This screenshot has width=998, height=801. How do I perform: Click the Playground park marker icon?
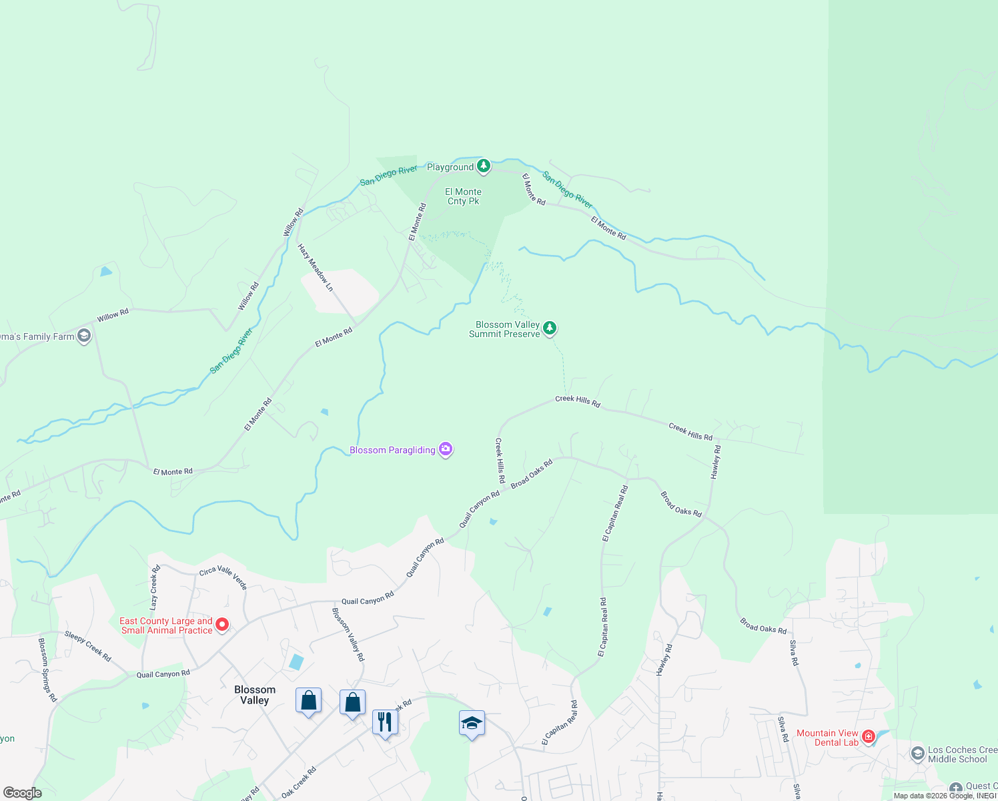pyautogui.click(x=484, y=166)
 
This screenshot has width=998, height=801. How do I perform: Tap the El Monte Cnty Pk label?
pyautogui.click(x=464, y=196)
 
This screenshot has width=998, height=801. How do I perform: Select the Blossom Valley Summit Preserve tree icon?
pyautogui.click(x=550, y=328)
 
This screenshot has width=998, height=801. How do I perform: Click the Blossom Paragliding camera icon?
pyautogui.click(x=446, y=449)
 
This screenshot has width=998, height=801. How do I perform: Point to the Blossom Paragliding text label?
pyautogui.click(x=392, y=450)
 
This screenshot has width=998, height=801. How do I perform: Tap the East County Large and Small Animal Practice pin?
pyautogui.click(x=223, y=625)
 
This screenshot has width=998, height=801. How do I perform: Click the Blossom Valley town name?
pyautogui.click(x=255, y=695)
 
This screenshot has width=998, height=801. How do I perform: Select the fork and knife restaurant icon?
pyautogui.click(x=385, y=722)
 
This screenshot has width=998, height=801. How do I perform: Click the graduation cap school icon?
pyautogui.click(x=472, y=724)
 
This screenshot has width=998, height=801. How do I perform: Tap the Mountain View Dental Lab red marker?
pyautogui.click(x=869, y=737)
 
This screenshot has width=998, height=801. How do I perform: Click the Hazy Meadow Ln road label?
pyautogui.click(x=316, y=268)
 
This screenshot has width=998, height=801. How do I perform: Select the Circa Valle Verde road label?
pyautogui.click(x=223, y=577)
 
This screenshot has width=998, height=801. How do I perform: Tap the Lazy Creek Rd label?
pyautogui.click(x=154, y=587)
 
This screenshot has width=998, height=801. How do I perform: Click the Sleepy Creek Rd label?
pyautogui.click(x=87, y=645)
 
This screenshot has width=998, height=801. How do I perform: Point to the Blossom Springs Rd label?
pyautogui.click(x=47, y=670)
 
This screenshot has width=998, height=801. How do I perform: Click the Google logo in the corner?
pyautogui.click(x=22, y=793)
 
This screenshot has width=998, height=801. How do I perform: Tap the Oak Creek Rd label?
pyautogui.click(x=299, y=782)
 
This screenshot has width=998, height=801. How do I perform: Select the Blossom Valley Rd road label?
pyautogui.click(x=348, y=634)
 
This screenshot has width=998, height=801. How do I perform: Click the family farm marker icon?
pyautogui.click(x=84, y=336)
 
